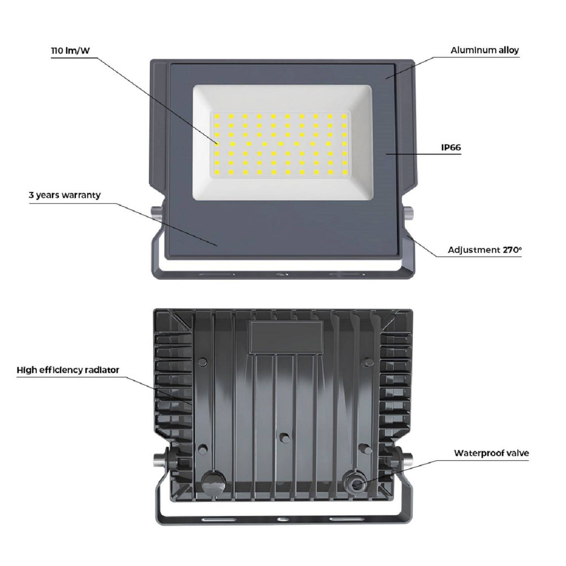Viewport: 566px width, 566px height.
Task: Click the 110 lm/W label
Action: (x=71, y=51)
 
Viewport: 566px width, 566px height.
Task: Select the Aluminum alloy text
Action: (x=484, y=50)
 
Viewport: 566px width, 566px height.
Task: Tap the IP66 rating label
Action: (x=451, y=148)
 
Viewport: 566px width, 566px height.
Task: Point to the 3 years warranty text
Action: (x=65, y=195)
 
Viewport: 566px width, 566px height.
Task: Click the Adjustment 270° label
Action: (x=484, y=250)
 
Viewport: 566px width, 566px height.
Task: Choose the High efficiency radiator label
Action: (x=68, y=370)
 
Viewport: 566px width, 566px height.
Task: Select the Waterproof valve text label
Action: (x=491, y=453)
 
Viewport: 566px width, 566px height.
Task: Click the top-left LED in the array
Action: (x=217, y=117)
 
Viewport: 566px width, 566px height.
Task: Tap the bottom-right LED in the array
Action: (x=344, y=172)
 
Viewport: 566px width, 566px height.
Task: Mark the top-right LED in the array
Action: (x=344, y=117)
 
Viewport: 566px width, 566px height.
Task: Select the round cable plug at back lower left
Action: (x=210, y=482)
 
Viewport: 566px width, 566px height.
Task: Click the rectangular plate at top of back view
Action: (x=286, y=337)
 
